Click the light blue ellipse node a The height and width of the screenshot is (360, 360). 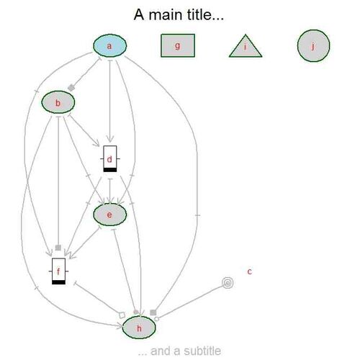(x=109, y=45)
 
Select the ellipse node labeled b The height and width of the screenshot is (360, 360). (x=58, y=102)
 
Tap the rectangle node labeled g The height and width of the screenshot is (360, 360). (x=178, y=45)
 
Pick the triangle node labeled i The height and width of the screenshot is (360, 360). (x=246, y=47)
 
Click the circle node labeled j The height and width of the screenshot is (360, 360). (x=313, y=45)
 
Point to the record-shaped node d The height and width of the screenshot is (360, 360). (x=110, y=158)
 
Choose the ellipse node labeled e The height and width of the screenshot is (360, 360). (x=109, y=215)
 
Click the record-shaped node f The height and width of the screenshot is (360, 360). (x=58, y=271)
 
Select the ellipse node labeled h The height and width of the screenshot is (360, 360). (x=139, y=328)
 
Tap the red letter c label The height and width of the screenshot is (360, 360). (x=250, y=271)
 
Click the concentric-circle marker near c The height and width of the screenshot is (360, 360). (x=228, y=283)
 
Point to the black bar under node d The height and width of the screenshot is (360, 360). (x=110, y=170)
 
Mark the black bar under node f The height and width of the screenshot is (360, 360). (x=58, y=282)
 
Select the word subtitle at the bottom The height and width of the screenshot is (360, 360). (x=202, y=351)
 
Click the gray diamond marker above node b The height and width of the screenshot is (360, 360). (x=71, y=88)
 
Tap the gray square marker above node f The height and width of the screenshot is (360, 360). (x=58, y=248)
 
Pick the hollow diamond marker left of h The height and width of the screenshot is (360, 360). (x=122, y=315)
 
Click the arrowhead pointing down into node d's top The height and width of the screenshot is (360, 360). (x=110, y=139)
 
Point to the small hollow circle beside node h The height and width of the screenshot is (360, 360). (x=156, y=319)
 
